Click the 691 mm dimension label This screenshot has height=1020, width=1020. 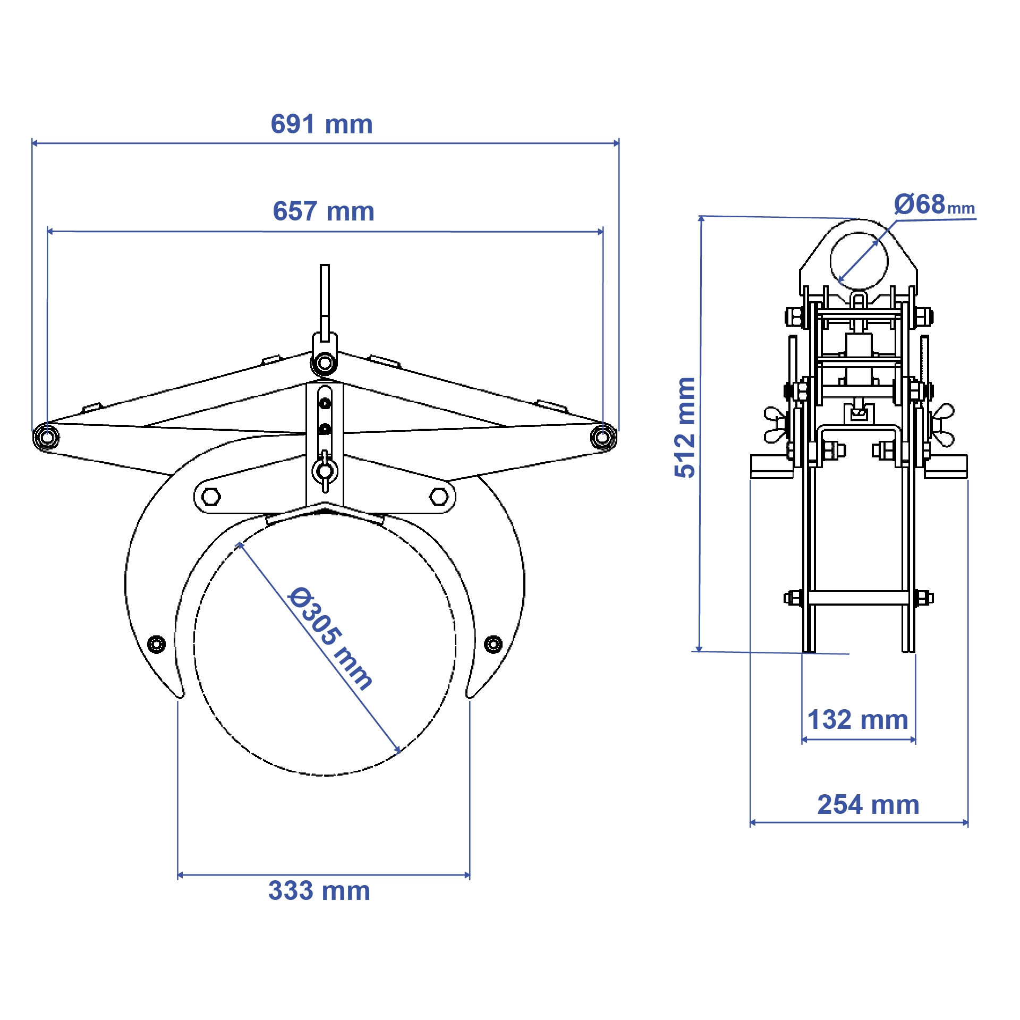[321, 124]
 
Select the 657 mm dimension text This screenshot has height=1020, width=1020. [324, 211]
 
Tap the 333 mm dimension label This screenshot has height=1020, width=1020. [319, 891]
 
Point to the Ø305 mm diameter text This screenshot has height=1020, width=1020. [329, 638]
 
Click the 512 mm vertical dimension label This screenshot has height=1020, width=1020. [685, 427]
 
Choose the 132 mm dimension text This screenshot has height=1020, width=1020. [857, 720]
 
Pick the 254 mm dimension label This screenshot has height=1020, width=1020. [868, 805]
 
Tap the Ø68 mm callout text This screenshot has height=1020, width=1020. [933, 205]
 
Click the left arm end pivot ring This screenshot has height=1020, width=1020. [46, 437]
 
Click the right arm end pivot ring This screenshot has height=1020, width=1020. [603, 437]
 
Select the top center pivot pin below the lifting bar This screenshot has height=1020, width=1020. [324, 364]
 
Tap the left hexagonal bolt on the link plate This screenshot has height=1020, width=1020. [211, 497]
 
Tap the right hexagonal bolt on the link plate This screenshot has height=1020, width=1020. [439, 497]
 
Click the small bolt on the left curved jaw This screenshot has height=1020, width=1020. [156, 644]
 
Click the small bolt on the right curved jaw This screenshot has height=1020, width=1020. [493, 644]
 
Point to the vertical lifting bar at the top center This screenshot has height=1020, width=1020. [325, 297]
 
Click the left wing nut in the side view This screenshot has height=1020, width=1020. [775, 425]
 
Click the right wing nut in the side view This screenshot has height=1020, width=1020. [943, 425]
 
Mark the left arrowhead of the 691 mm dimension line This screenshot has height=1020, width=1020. [34, 143]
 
